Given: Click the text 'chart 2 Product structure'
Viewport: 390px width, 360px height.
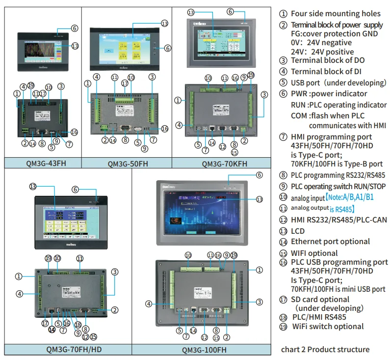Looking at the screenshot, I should coord(325,349).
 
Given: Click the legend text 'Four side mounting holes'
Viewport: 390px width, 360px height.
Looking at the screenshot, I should coord(336,14).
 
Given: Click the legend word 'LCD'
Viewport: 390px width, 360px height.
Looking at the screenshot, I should coord(298,231).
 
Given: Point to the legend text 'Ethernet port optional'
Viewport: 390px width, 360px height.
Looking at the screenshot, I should coord(330,241).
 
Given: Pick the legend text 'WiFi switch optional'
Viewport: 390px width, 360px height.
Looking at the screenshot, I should coord(328,326).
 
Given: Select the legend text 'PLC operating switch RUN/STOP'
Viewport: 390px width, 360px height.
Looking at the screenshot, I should coord(338,186).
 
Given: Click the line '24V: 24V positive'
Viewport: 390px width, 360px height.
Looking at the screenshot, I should coord(322,52).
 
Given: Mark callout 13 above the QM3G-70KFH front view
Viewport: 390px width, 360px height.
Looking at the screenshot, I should coord(191,12).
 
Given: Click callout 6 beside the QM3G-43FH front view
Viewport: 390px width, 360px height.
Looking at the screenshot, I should coord(74,28).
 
